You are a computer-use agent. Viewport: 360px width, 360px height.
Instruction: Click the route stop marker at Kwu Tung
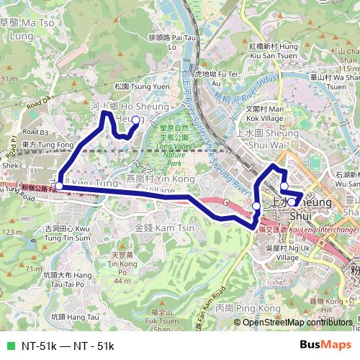(x=59, y=186)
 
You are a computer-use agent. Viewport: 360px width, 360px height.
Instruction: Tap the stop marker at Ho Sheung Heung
(x=135, y=120)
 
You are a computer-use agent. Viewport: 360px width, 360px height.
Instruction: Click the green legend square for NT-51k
(x=10, y=346)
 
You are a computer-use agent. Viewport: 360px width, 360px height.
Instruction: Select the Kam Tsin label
(x=156, y=228)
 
